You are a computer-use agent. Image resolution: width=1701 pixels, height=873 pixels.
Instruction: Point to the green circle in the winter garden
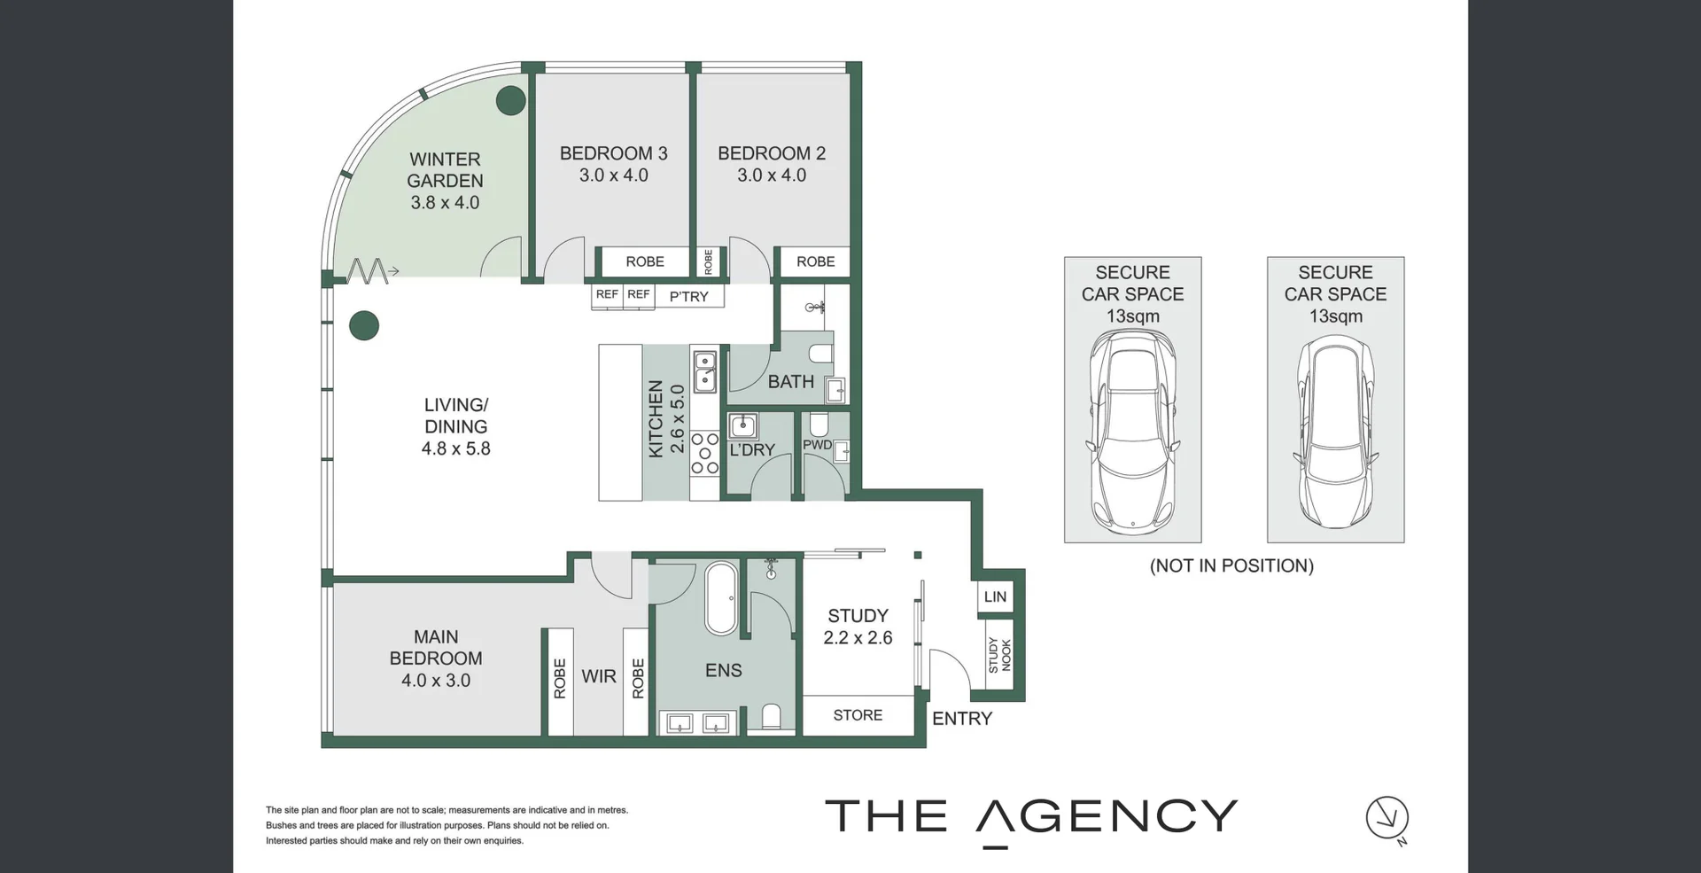[x=510, y=101]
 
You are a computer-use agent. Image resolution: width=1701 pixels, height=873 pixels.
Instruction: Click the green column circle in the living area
[x=364, y=326]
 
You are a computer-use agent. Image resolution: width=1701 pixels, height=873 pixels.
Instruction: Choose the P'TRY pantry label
[x=688, y=297]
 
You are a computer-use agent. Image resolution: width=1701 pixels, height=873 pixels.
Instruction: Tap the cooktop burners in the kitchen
[x=705, y=453]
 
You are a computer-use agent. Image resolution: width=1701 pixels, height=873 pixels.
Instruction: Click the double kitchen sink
[x=705, y=371]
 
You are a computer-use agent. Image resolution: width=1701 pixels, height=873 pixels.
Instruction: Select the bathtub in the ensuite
[x=721, y=598]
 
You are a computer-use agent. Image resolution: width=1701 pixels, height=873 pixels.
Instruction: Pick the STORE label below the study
[x=858, y=715]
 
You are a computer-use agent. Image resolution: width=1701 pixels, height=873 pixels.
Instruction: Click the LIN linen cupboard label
[x=995, y=597]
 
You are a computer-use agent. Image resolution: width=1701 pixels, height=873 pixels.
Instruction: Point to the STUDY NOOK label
[x=999, y=655]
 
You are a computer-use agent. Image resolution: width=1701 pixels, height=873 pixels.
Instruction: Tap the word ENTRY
[x=962, y=719]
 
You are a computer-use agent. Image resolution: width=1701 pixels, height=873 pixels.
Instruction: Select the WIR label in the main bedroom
[x=599, y=677]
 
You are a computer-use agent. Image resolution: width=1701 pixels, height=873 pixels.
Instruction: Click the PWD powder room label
[x=817, y=445]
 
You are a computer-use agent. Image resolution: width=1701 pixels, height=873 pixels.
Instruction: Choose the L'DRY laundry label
[x=752, y=450]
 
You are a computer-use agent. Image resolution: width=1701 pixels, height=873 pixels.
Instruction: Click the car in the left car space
[x=1132, y=432]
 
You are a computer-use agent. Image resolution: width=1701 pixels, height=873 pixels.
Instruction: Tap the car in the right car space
[x=1335, y=432]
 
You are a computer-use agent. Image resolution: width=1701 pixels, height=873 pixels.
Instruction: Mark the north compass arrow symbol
[x=1386, y=818]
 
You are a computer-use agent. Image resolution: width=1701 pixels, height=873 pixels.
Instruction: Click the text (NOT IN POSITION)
[x=1231, y=566]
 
